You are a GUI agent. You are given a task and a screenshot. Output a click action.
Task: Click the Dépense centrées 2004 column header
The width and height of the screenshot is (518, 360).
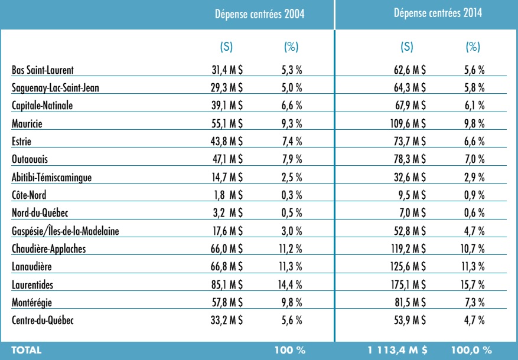pyautogui.click(x=260, y=14)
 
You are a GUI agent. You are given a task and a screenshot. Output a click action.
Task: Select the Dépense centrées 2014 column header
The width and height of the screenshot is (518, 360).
pyautogui.click(x=438, y=13)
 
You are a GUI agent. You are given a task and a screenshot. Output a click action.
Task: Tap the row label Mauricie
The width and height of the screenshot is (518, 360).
pyautogui.click(x=27, y=124)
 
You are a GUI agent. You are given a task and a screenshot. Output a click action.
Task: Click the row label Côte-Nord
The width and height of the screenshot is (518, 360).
pyautogui.click(x=29, y=195)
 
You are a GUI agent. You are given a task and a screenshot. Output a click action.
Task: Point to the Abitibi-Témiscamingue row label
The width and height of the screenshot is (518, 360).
pyautogui.click(x=51, y=178)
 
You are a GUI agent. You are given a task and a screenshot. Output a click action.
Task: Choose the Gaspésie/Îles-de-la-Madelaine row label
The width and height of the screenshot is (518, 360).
pyautogui.click(x=66, y=231)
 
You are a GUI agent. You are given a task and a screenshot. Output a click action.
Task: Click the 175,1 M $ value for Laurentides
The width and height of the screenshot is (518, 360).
pyautogui.click(x=409, y=284)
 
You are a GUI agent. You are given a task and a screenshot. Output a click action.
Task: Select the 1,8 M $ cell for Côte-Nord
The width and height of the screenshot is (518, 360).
pyautogui.click(x=228, y=195)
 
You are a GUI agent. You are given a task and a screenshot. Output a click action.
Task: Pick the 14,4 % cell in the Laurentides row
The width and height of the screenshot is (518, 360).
pyautogui.click(x=290, y=284)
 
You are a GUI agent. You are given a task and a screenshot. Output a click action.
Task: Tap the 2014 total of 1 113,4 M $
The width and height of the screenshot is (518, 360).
pyautogui.click(x=398, y=350)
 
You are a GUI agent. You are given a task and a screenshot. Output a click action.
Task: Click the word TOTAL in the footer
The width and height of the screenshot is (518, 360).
pyautogui.click(x=27, y=350)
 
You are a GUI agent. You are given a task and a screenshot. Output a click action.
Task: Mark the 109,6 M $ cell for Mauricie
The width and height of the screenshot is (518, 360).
pyautogui.click(x=408, y=124)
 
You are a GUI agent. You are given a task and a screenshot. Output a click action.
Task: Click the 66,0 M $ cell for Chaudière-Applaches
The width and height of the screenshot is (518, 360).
pyautogui.click(x=227, y=249)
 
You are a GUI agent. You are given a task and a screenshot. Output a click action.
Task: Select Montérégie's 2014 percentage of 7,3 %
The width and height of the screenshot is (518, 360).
pyautogui.click(x=475, y=302)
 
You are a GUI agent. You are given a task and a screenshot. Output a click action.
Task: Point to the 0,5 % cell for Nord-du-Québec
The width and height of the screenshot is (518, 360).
pyautogui.click(x=292, y=213)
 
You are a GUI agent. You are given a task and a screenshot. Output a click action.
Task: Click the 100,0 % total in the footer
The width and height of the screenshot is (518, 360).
pyautogui.click(x=471, y=350)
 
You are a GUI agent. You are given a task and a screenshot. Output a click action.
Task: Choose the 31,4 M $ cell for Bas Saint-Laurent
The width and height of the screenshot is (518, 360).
pyautogui.click(x=227, y=70)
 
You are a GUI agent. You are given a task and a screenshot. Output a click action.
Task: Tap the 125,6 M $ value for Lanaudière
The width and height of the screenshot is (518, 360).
pyautogui.click(x=408, y=267)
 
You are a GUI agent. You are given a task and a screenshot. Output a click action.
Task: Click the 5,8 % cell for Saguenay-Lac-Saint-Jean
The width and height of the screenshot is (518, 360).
pyautogui.click(x=474, y=88)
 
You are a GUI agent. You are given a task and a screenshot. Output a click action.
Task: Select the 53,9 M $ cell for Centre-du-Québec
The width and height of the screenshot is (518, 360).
pyautogui.click(x=410, y=320)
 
